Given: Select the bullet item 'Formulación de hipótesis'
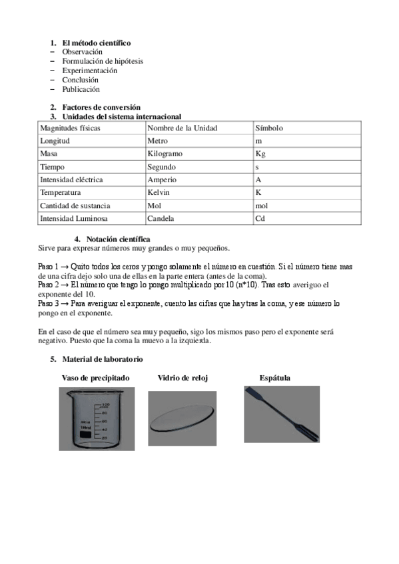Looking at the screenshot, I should [x=103, y=61].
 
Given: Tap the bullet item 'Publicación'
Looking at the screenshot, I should [x=81, y=89].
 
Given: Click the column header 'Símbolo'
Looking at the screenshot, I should [x=269, y=128].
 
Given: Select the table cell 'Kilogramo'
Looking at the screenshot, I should [x=165, y=154].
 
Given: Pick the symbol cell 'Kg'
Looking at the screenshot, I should [x=260, y=154].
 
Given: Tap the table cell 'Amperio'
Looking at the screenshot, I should [x=163, y=180].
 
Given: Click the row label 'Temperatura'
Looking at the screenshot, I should [x=61, y=192].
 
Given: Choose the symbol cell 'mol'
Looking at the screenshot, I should [x=261, y=206].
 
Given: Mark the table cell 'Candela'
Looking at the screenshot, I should [x=161, y=218].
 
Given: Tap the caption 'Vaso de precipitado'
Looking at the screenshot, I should [x=95, y=378].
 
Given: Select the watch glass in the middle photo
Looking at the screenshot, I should [x=182, y=418].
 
